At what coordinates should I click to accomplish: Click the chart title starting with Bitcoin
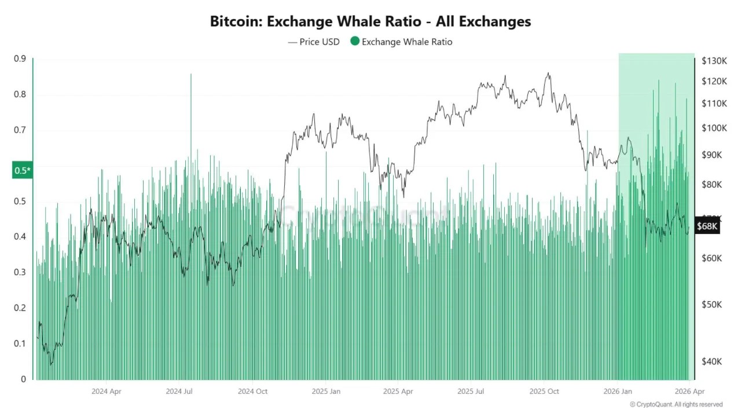coord(370,21)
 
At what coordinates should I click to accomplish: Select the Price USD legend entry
coord(314,42)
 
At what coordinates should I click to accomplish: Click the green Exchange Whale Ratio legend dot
coord(354,41)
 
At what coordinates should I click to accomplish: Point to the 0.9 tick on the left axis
coord(20,58)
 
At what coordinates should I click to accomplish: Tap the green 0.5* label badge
coord(22,170)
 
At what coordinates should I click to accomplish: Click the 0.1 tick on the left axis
coord(20,343)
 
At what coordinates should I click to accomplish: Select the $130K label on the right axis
coord(714,61)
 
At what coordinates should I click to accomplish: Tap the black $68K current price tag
coord(707,226)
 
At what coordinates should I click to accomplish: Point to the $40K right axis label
coord(711,361)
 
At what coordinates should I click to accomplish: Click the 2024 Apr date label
coord(106,391)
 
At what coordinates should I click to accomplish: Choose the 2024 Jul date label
coord(179,391)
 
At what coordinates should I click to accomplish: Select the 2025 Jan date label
coord(327,391)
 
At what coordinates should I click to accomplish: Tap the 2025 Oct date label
coord(545,391)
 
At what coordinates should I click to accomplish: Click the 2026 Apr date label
coord(690,391)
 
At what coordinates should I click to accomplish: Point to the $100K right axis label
coord(714,128)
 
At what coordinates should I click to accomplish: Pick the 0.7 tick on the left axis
coord(20,130)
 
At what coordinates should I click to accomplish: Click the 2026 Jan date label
coord(618,391)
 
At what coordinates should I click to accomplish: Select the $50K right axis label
coord(711,305)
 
